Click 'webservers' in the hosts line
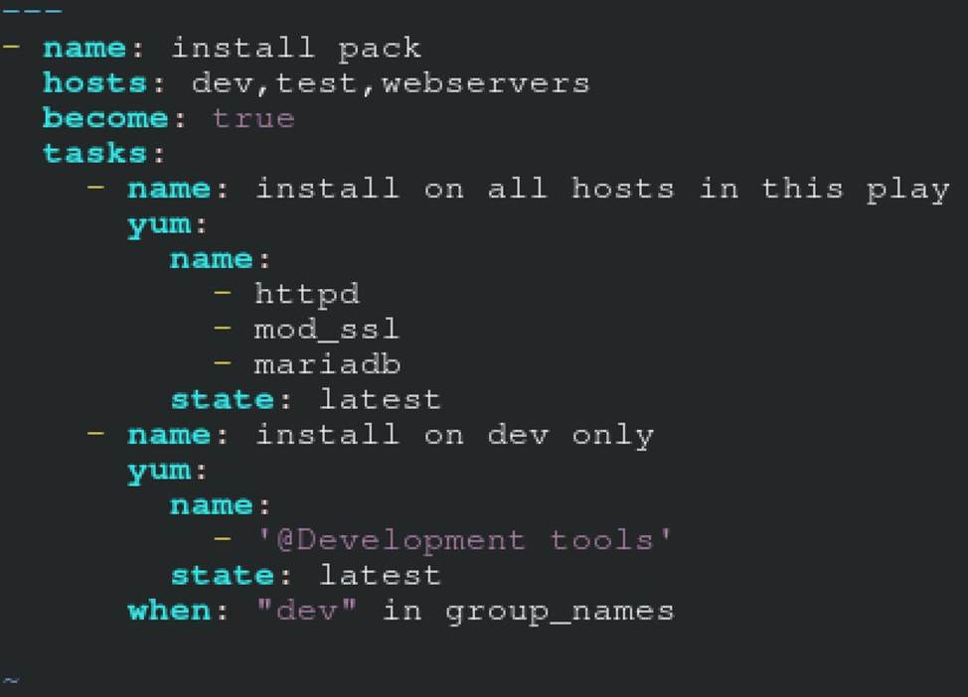pos(485,82)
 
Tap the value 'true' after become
pos(252,118)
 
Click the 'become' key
pos(105,118)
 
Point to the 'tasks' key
pos(95,153)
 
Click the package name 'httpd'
pos(306,294)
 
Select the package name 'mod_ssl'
pos(326,329)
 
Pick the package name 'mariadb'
pos(327,364)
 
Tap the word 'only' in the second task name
pos(612,435)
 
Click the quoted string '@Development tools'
pos(463,540)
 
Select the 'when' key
pos(169,610)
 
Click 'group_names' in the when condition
pos(560,611)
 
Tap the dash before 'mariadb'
pos(223,363)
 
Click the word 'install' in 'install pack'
pos(242,48)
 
